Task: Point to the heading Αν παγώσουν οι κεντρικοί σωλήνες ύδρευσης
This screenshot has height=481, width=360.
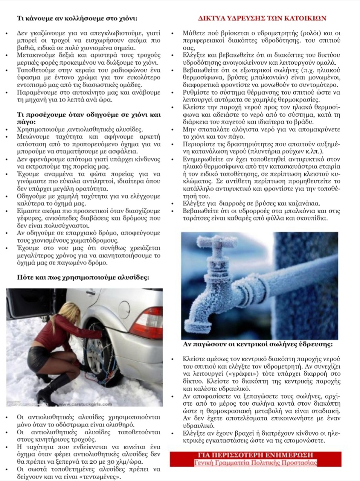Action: [x=258, y=344]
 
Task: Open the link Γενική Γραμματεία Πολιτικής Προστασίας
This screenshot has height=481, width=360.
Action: [x=255, y=463]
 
